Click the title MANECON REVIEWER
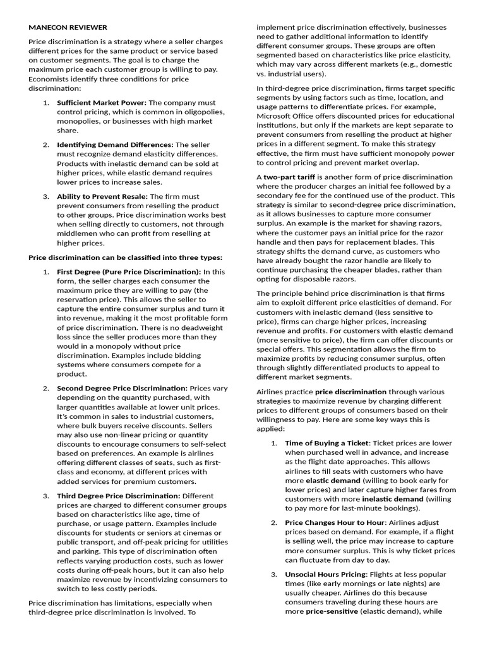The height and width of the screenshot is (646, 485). (68, 27)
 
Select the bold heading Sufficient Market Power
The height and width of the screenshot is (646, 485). (101, 102)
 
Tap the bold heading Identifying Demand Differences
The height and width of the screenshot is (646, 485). (115, 144)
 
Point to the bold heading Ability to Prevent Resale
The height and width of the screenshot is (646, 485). (102, 196)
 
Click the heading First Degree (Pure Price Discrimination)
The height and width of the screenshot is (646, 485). (129, 271)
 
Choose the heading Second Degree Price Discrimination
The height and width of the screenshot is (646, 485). (122, 388)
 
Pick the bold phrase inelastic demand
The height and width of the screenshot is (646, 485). (393, 499)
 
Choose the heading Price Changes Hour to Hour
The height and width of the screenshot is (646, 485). (333, 523)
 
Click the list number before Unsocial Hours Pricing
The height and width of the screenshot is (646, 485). (274, 575)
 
